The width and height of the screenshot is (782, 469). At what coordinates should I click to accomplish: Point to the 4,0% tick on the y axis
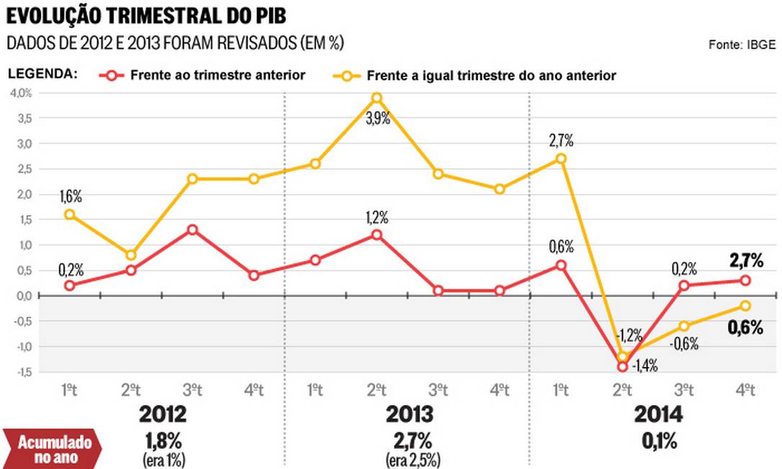point(20,93)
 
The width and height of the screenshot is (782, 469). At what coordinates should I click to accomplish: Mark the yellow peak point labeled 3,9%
point(377,98)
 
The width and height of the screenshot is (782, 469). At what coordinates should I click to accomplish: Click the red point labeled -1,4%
point(621,367)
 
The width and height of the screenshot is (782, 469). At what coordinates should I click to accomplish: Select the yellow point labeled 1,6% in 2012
point(70,214)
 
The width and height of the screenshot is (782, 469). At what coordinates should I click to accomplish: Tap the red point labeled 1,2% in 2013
point(377,234)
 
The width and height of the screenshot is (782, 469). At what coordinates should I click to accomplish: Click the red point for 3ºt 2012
point(192,229)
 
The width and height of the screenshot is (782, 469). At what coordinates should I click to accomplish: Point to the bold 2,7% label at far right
point(746,260)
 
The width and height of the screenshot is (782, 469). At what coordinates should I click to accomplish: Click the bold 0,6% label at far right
point(746,328)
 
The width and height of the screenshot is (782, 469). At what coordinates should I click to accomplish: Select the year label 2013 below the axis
point(409,414)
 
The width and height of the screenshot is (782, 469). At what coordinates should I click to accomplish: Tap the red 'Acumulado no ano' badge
point(51,447)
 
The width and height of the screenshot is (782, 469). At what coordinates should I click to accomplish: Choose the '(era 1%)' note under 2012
point(163,459)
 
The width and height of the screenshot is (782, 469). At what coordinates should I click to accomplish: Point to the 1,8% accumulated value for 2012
point(163,440)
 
